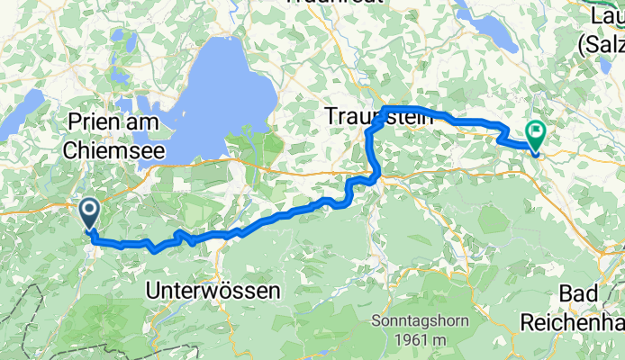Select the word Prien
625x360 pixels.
[x=94, y=122]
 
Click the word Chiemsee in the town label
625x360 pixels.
[x=113, y=151]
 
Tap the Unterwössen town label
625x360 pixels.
[x=213, y=291]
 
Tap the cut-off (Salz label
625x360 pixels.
[x=601, y=41]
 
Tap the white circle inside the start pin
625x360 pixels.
[x=91, y=211]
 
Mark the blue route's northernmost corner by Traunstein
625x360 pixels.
[x=385, y=109]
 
